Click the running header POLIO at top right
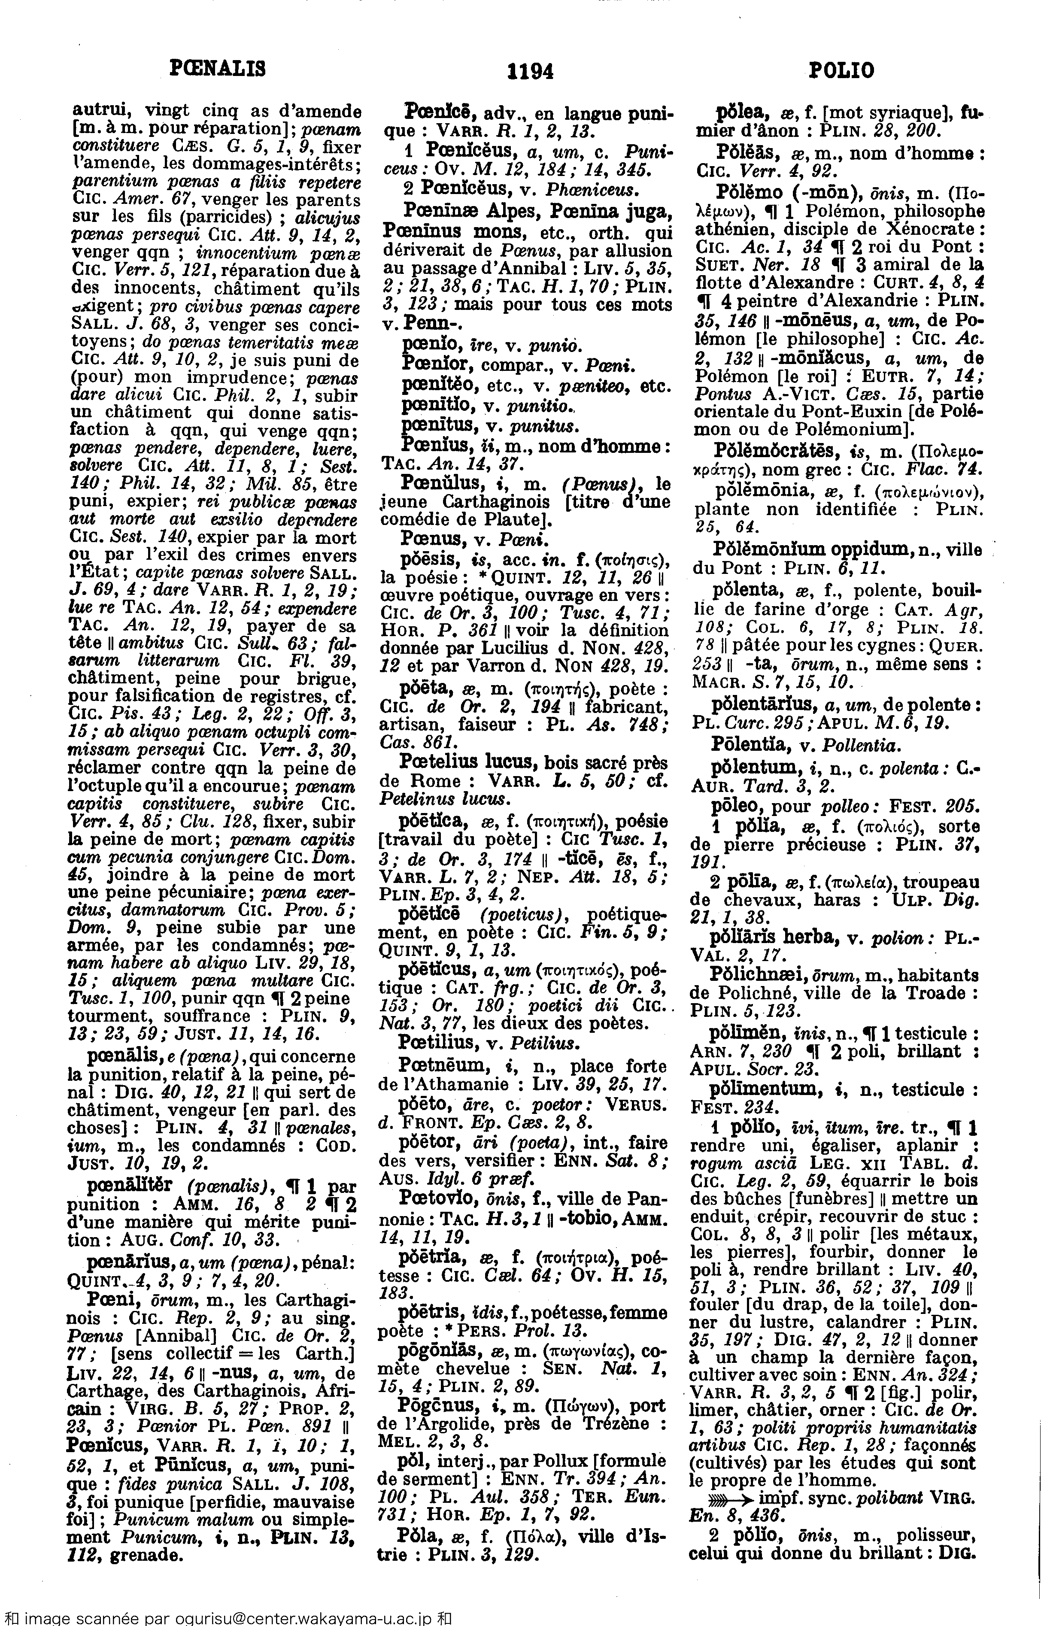click(841, 70)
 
